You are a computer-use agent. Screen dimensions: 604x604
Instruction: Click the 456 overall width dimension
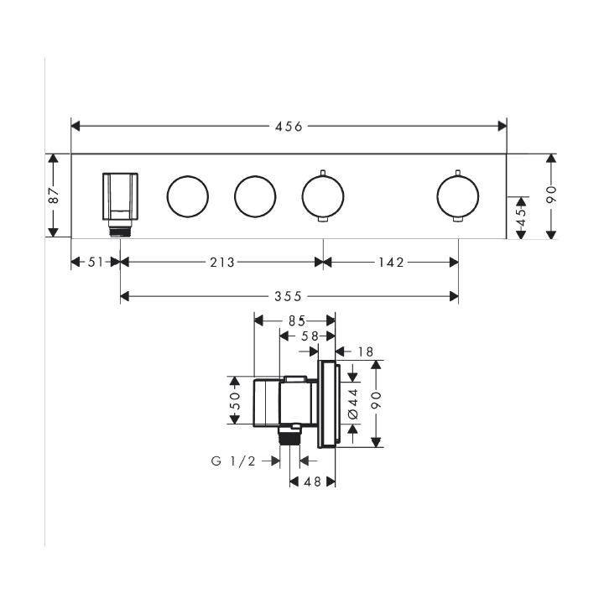[x=289, y=127]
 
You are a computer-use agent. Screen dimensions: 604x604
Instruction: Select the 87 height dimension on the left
[x=54, y=195]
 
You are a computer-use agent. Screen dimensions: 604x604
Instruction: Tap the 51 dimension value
[x=96, y=263]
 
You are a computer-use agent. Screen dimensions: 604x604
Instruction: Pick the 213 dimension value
[x=221, y=263]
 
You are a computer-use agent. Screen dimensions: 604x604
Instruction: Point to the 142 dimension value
[x=391, y=263]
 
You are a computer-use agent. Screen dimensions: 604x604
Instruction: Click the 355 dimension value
[x=288, y=297]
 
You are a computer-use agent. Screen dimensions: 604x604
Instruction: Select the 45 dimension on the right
[x=521, y=217]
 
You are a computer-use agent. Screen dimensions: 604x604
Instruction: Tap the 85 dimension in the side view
[x=297, y=320]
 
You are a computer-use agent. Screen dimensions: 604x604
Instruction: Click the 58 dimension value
[x=310, y=336]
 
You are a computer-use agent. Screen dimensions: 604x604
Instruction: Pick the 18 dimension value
[x=366, y=351]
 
